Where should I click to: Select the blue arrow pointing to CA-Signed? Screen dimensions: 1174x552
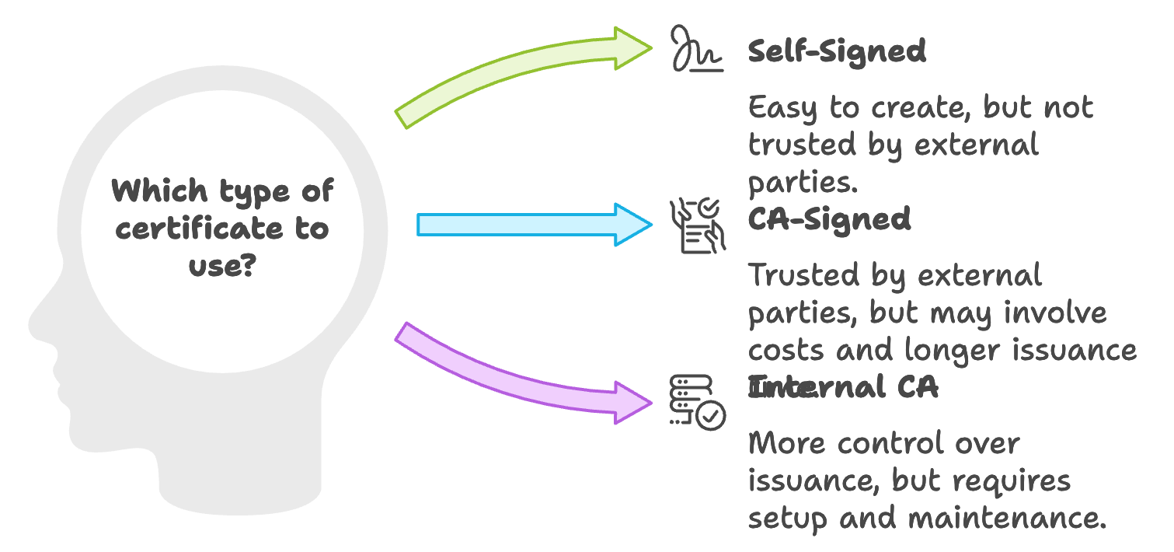pyautogui.click(x=535, y=225)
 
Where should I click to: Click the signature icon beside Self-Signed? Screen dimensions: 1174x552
pyautogui.click(x=696, y=48)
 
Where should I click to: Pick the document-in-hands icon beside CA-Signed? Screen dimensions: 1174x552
pyautogui.click(x=698, y=225)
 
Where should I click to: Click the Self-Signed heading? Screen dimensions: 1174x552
pyautogui.click(x=837, y=51)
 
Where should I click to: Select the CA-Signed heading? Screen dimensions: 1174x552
pyautogui.click(x=829, y=219)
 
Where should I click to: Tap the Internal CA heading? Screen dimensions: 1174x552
pyautogui.click(x=843, y=387)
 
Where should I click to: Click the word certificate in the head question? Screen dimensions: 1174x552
pyautogui.click(x=199, y=229)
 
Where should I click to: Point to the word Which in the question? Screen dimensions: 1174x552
pyautogui.click(x=160, y=190)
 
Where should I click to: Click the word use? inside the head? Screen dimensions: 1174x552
pyautogui.click(x=222, y=265)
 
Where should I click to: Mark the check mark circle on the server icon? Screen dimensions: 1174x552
pyautogui.click(x=711, y=416)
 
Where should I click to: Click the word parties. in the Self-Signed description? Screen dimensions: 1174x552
pyautogui.click(x=803, y=183)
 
